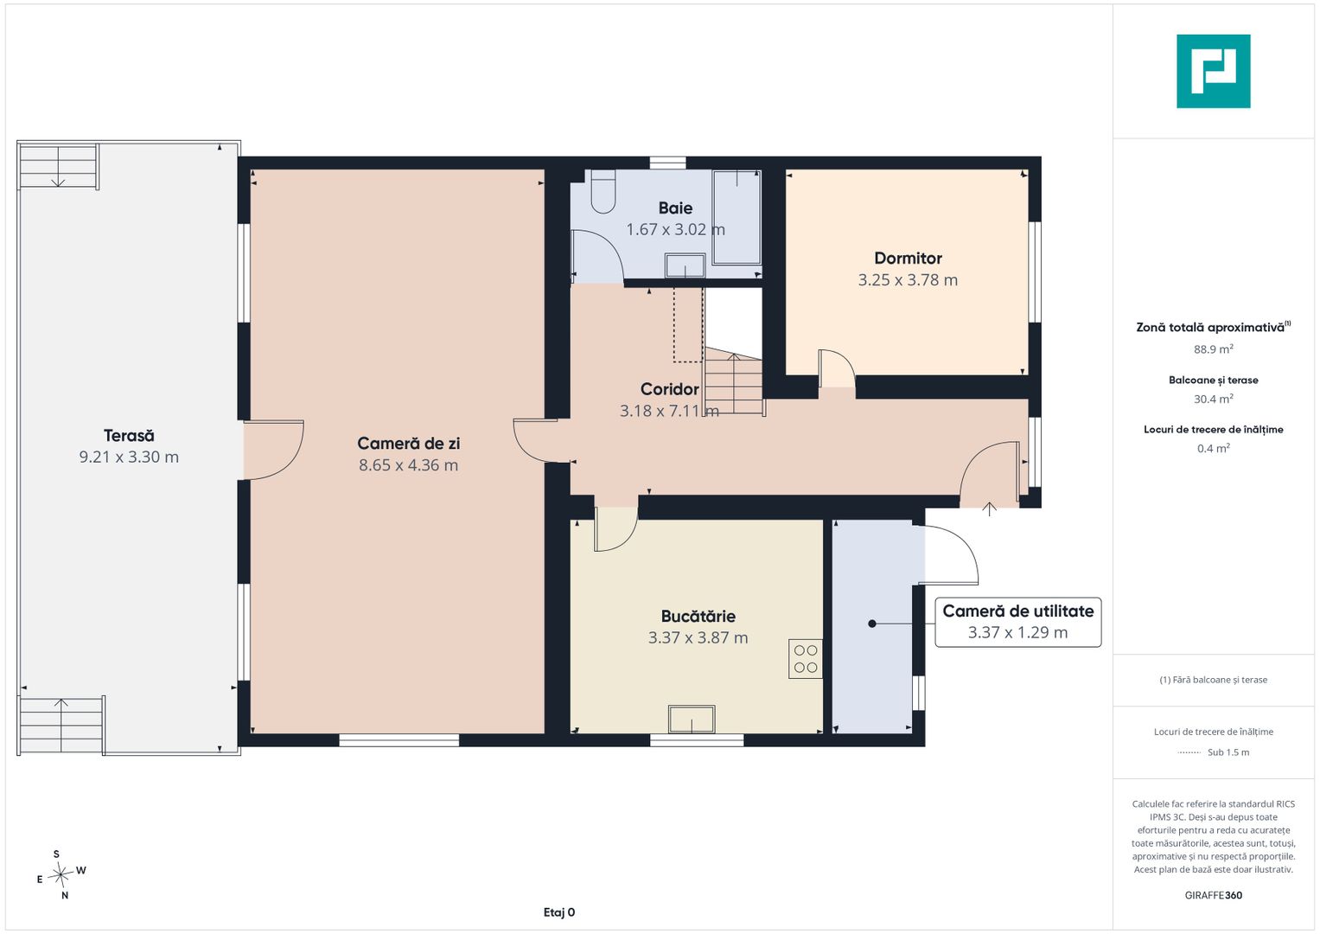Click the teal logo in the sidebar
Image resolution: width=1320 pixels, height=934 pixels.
pos(1214,71)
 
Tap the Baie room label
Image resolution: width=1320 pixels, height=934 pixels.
pos(675,208)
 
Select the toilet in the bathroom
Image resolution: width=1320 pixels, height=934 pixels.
pos(603,191)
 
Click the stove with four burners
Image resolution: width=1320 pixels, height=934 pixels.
pos(806,659)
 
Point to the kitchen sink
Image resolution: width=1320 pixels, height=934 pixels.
pos(692,719)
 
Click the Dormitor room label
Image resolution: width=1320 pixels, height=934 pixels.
pos(908,259)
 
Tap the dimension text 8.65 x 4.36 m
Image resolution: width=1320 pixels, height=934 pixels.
pos(408,465)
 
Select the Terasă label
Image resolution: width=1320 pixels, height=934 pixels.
pos(129,435)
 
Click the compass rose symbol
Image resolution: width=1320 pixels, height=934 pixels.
pos(61,874)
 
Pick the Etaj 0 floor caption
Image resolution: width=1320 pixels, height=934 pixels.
pos(559,912)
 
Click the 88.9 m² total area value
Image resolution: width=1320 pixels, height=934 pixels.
pos(1214,349)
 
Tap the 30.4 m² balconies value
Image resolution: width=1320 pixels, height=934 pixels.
pos(1214,400)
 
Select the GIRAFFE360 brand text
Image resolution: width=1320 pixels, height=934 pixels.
pos(1214,895)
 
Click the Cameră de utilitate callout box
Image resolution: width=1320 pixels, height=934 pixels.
pos(1018,622)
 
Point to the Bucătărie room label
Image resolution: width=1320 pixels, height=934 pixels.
pos(698,616)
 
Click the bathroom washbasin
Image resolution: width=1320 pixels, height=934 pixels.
pos(685,265)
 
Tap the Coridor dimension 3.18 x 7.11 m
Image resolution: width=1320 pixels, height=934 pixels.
pos(669,411)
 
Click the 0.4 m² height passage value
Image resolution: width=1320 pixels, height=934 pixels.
pos(1214,449)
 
